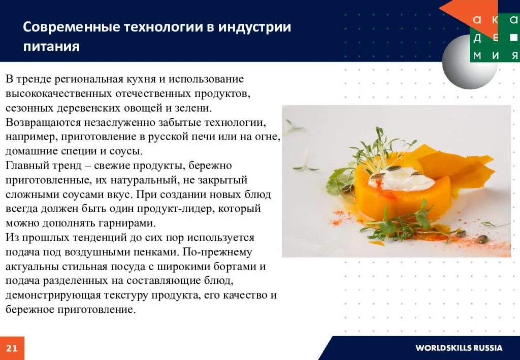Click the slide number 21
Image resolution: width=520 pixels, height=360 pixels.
pos(12,348)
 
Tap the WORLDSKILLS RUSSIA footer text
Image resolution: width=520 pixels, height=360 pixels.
pos(459,348)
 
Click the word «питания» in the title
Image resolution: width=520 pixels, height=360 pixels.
pos(51,46)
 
